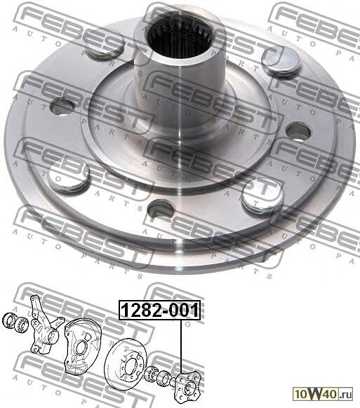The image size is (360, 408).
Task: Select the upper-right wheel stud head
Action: click(x=281, y=62)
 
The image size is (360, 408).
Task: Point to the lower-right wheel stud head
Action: click(x=262, y=196)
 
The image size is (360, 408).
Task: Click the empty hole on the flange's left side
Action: click(x=62, y=106)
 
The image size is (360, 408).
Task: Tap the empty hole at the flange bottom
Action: click(x=161, y=209)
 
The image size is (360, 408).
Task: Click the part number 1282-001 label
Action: click(x=160, y=310)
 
